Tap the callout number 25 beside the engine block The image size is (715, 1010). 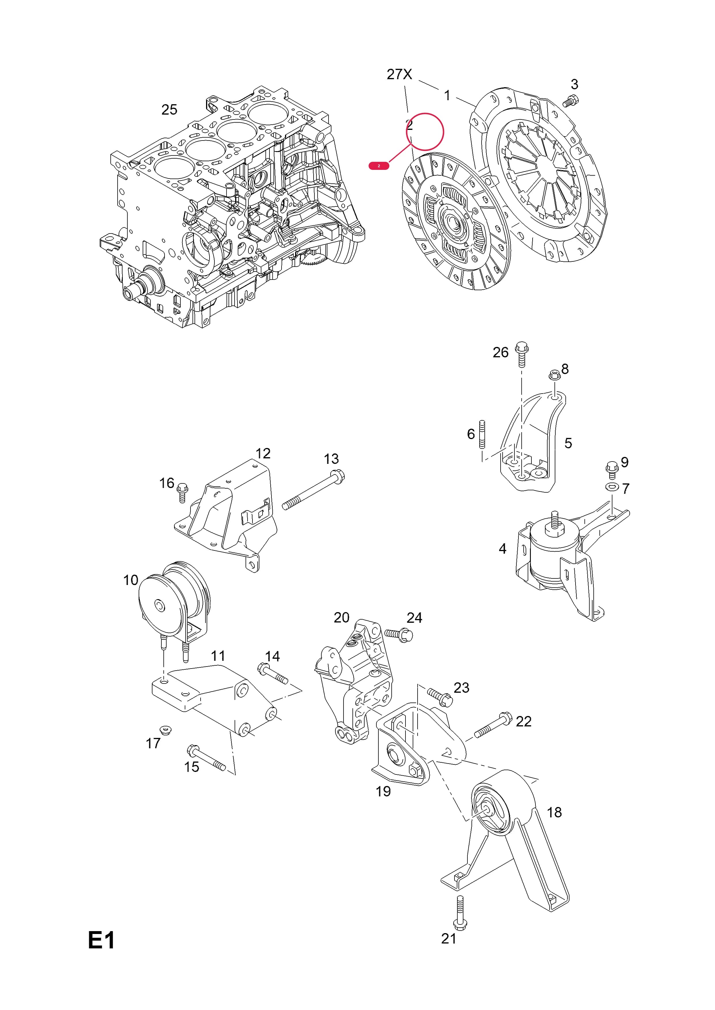click(x=169, y=109)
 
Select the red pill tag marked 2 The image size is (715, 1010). click(x=379, y=166)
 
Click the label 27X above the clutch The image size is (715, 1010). click(x=399, y=74)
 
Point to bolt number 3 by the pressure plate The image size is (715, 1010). click(x=571, y=101)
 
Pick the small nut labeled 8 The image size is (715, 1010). click(x=554, y=375)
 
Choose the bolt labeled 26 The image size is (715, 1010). click(x=522, y=354)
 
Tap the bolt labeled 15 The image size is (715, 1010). click(x=206, y=757)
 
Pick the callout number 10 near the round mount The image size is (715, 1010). click(x=131, y=580)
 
